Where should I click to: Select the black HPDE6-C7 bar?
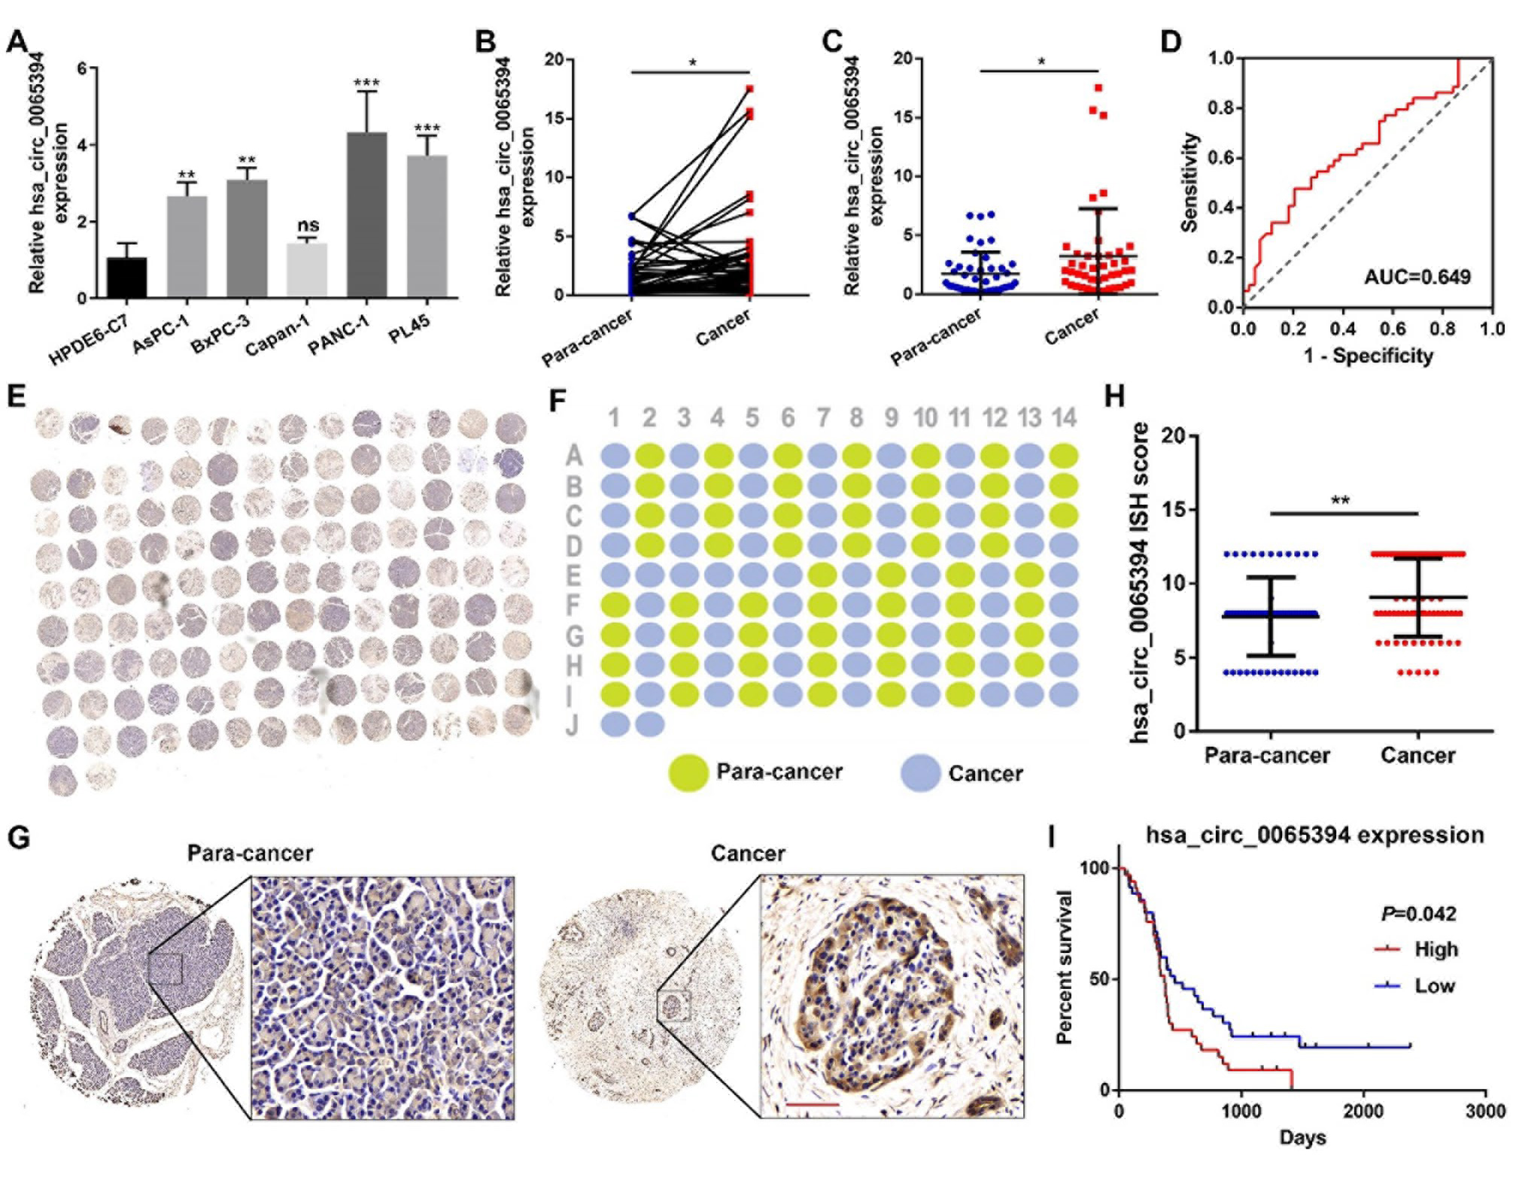pos(126,278)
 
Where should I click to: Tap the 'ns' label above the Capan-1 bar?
pos(307,225)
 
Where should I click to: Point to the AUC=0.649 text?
pos(1417,278)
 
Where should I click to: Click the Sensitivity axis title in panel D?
pos(1189,182)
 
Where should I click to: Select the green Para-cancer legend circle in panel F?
pos(688,772)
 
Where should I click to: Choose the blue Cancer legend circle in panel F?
pos(920,773)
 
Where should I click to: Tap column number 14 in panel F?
pos(1063,417)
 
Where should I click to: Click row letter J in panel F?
pos(573,725)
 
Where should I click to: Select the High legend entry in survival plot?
pos(1435,950)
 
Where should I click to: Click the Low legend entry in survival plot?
pos(1433,986)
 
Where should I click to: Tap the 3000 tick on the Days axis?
pos(1485,1112)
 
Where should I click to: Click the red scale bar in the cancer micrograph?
pos(812,1104)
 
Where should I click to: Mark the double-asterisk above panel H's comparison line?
pos(1340,500)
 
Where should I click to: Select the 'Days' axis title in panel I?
pos(1302,1138)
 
